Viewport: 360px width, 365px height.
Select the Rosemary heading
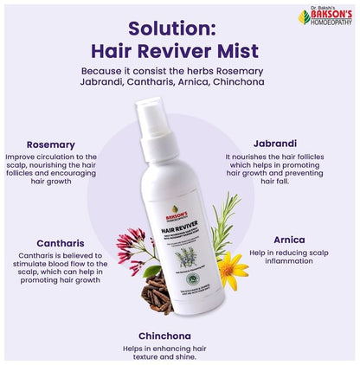[x=51, y=144]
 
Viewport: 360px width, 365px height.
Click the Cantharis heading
[x=51, y=245]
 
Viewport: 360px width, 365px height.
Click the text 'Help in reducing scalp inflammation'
[x=291, y=259]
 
